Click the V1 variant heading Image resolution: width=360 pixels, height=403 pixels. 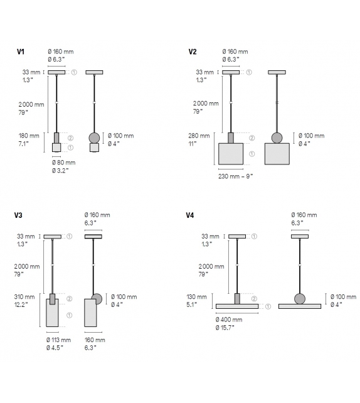(21, 52)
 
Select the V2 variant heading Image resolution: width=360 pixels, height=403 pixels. (193, 52)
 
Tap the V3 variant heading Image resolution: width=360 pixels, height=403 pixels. (19, 215)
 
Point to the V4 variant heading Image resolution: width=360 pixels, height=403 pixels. (190, 215)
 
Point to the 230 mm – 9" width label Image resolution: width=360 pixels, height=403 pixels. (235, 176)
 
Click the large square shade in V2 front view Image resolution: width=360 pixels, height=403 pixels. (230, 153)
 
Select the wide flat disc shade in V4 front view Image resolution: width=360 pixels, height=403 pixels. (236, 306)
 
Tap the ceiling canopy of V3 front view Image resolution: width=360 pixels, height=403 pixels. (53, 236)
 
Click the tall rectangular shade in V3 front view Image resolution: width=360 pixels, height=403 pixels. (53, 313)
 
